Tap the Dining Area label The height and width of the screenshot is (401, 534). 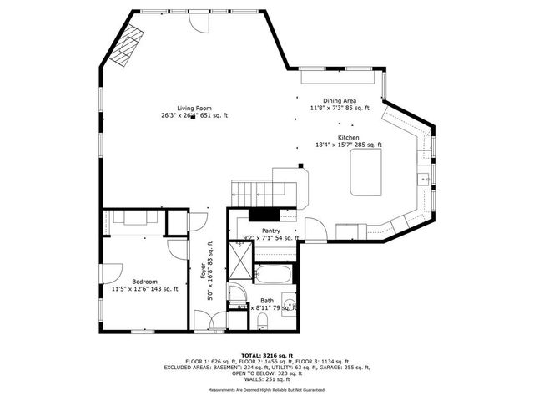(x=340, y=100)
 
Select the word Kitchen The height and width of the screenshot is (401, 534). (x=348, y=137)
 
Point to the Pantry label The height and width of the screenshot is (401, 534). (x=271, y=231)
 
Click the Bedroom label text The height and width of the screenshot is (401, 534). (x=133, y=282)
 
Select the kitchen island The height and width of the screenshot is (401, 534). (x=365, y=174)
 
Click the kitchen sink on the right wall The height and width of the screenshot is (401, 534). (x=424, y=177)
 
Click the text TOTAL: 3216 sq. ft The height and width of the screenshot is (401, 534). (x=267, y=355)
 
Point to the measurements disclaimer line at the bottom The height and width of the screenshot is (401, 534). (x=267, y=389)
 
